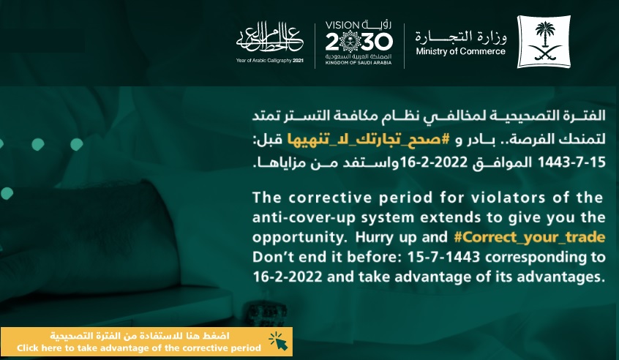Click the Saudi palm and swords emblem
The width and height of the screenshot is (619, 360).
544,42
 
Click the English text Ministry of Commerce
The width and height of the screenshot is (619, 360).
460,51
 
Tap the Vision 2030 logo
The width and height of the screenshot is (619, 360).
359,42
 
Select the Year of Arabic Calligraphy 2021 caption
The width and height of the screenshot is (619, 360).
270,61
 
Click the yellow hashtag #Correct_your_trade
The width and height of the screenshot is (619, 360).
530,237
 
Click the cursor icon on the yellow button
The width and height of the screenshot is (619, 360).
278,341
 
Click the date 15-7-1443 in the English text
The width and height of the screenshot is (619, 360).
443,257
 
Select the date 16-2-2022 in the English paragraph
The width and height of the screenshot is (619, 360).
288,277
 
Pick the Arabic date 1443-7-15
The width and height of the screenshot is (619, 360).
571,162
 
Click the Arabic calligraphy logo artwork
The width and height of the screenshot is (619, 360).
270,38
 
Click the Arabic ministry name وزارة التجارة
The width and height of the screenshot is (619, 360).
461,37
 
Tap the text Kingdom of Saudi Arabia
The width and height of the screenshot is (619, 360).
359,63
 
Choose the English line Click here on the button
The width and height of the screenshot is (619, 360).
139,348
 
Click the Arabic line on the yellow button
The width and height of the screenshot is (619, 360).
139,336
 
